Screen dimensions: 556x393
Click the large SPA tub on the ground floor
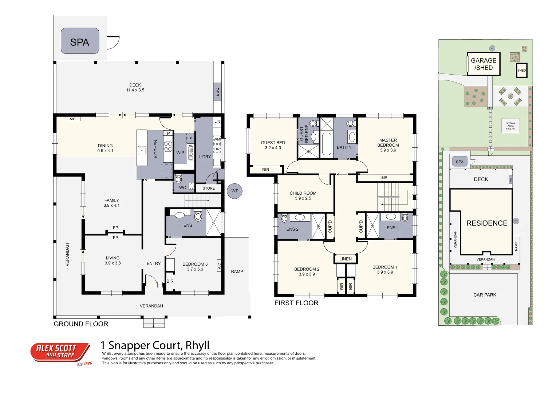[80, 41]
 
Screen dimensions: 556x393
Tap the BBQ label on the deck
[217, 92]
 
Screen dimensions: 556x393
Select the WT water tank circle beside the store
[234, 191]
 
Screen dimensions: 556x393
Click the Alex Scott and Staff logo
[60, 352]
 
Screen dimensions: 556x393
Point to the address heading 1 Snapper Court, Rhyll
[155, 345]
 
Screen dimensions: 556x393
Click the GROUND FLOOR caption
[81, 324]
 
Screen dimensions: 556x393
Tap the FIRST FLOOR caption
[296, 303]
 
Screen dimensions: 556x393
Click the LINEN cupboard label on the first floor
[346, 259]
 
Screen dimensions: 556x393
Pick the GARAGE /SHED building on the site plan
[484, 64]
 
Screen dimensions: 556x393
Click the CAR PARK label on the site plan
[485, 295]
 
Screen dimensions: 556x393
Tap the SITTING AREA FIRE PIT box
[510, 126]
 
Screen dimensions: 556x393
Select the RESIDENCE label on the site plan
[487, 223]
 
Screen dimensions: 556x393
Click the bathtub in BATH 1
[327, 144]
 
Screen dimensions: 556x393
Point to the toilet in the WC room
[179, 179]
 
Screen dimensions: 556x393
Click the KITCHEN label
[156, 149]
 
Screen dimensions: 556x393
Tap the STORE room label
[209, 188]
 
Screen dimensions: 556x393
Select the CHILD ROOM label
[303, 196]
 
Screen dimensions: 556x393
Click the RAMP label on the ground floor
[237, 271]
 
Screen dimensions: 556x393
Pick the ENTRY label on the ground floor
[154, 263]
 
